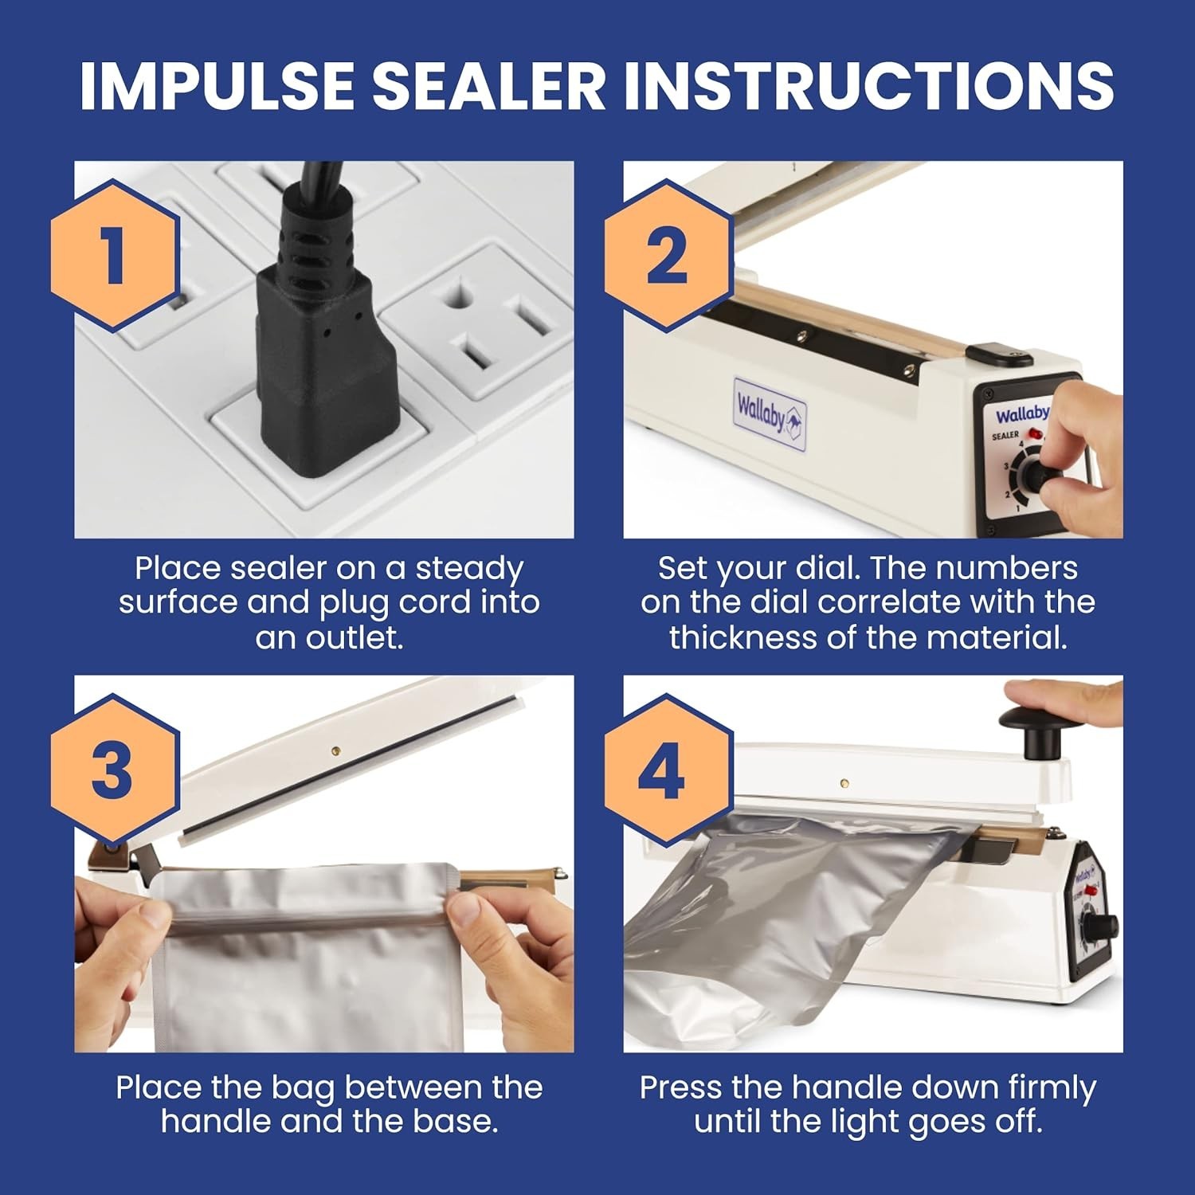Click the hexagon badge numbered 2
668,256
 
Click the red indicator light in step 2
1035,434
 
